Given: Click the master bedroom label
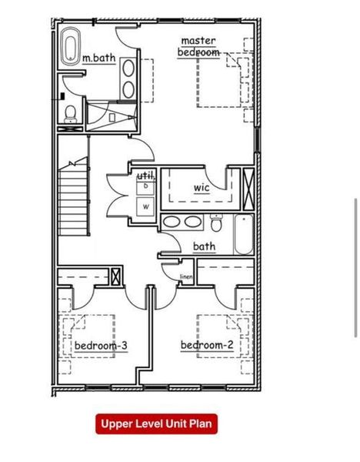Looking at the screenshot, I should [199, 46].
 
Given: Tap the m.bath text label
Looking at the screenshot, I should [98, 57].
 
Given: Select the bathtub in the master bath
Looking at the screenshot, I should [70, 47].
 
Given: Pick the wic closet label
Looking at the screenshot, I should [202, 187].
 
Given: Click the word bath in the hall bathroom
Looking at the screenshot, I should [204, 246].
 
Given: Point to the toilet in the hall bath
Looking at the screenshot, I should [216, 226].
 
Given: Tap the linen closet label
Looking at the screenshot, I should [186, 276].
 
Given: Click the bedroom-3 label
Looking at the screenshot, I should [101, 346].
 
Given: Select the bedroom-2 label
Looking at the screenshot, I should [207, 345].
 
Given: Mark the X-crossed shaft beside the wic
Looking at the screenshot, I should [248, 188].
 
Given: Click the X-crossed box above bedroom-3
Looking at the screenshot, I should [116, 276].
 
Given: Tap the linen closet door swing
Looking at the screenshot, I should [170, 269].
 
